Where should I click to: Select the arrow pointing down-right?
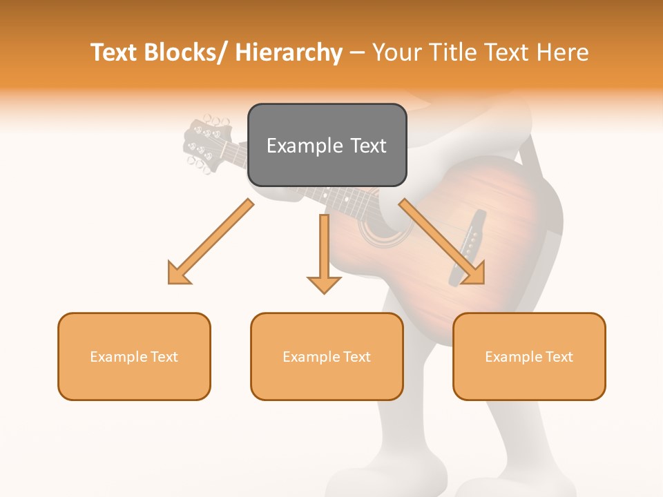pyautogui.click(x=442, y=242)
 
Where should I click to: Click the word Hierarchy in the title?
pyautogui.click(x=289, y=52)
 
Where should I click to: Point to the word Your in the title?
pyautogui.click(x=394, y=52)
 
